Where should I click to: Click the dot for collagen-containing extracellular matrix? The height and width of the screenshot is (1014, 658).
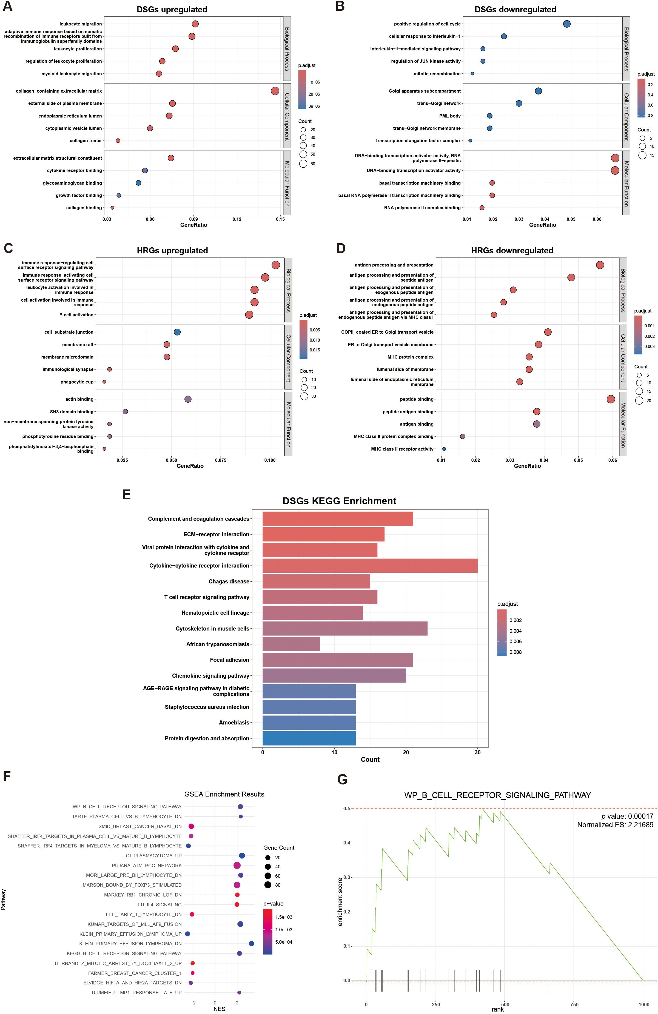(x=275, y=91)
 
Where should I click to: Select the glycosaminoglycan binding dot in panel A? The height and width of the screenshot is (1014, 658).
(x=138, y=183)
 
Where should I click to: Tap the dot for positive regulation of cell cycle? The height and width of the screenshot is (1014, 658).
(x=566, y=24)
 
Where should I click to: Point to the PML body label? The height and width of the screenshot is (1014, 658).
(x=450, y=116)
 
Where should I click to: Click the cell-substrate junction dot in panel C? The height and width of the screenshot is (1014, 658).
(x=177, y=332)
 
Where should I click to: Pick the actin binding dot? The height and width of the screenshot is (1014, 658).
(x=188, y=399)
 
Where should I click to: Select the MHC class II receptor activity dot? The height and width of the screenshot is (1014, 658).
(x=444, y=449)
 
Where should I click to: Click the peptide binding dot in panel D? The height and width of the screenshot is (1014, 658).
(x=610, y=399)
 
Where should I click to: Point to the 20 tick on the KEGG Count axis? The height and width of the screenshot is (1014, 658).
(x=406, y=752)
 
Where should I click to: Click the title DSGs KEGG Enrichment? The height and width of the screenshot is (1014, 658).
(x=339, y=501)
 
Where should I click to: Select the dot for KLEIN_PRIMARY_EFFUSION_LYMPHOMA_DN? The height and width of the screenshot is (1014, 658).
(x=251, y=944)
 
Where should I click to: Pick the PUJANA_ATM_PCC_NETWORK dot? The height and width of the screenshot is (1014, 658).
(x=237, y=865)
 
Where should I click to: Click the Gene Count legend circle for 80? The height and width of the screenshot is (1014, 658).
(x=268, y=885)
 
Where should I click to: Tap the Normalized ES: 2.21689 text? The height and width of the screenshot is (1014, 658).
(x=615, y=824)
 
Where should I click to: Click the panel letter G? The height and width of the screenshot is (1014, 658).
(x=342, y=779)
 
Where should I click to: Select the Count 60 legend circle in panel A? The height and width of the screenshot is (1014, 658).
(x=303, y=164)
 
